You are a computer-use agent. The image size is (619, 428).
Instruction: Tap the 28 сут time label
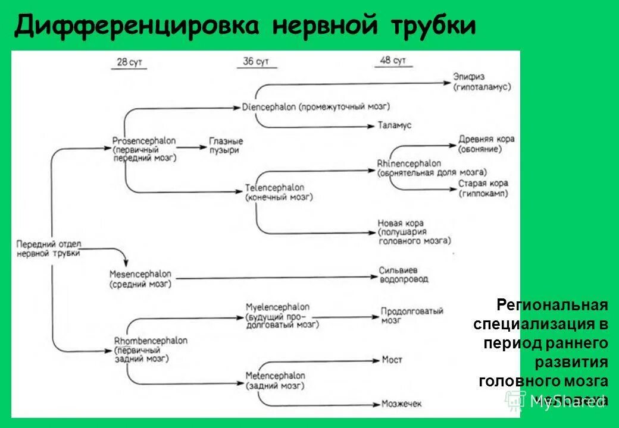pos(129,62)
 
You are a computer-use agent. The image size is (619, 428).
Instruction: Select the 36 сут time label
pos(257,62)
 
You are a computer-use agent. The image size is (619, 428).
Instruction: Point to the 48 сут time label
pos(393,61)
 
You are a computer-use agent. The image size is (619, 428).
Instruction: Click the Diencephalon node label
pos(269,107)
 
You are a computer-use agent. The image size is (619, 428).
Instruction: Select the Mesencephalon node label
pos(140,274)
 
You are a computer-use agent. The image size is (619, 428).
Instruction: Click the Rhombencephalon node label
pos(149,341)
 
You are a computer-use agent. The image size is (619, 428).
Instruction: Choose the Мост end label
pos(392,360)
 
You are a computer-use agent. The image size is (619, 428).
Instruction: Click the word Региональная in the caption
pos(552,306)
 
